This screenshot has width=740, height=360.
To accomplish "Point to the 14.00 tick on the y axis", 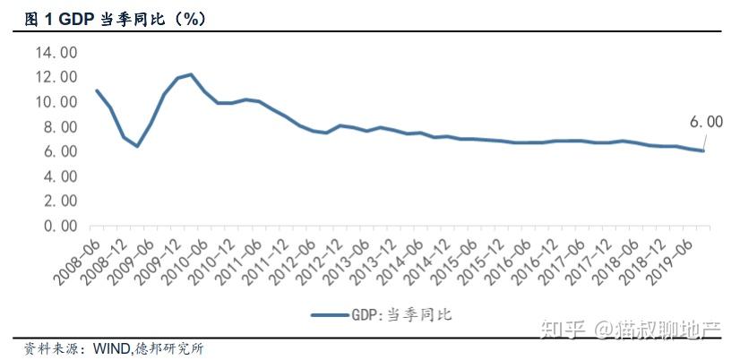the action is coord(56,52).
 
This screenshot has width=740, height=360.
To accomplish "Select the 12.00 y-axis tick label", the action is coord(56,77).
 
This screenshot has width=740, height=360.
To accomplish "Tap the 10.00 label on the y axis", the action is coord(56,102).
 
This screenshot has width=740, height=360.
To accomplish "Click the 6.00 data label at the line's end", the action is coord(706,122).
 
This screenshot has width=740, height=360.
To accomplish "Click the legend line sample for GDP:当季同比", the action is coord(330,314).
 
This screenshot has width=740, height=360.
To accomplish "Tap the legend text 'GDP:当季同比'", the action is coord(401,314).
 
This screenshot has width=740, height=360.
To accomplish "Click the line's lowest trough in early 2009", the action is coord(137,146).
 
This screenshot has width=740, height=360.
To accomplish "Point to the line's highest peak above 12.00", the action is coord(191,74).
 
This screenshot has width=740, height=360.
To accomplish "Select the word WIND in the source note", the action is coord(112,349).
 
